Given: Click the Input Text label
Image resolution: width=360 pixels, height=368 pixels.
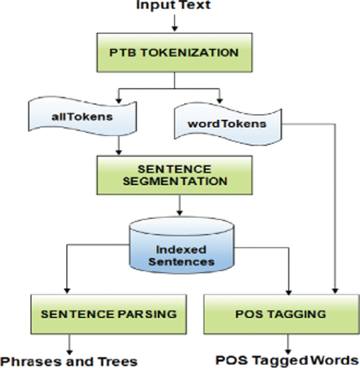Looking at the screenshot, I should [x=173, y=6].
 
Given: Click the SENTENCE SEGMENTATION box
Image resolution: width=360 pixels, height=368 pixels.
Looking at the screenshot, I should [x=174, y=173].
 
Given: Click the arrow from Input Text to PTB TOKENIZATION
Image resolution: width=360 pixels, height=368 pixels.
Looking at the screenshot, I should [x=173, y=22].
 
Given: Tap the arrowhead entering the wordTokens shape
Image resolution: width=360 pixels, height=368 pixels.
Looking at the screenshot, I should [x=220, y=96].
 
